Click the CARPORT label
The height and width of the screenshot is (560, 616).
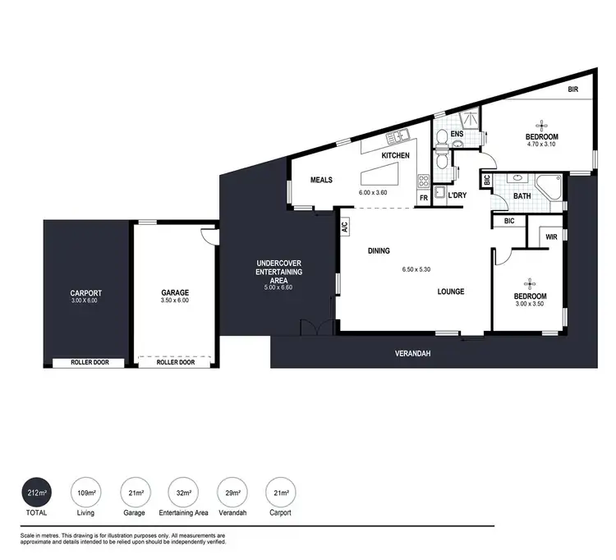click(85, 292)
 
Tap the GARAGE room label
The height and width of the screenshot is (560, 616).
click(175, 292)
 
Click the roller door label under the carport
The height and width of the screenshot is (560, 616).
click(86, 362)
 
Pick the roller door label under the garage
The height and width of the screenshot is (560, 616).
click(176, 362)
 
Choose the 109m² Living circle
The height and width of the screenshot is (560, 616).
click(85, 493)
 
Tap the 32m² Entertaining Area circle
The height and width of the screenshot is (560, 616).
click(183, 493)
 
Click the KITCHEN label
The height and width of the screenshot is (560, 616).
click(395, 155)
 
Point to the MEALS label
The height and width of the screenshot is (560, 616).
click(320, 180)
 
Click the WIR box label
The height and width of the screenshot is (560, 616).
click(551, 238)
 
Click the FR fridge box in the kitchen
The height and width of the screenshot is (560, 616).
click(424, 198)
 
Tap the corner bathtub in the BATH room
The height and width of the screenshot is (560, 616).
click(550, 186)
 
